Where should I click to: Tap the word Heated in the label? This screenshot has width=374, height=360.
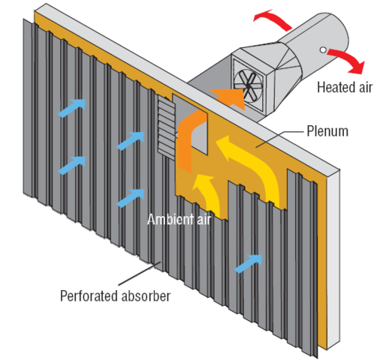pos(333,87)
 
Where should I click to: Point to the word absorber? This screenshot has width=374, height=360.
pos(146,294)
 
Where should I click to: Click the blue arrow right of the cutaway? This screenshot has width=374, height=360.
pos(250,262)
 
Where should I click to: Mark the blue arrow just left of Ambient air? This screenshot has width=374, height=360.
pos(130,199)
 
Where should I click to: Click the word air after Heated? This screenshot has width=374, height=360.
pos(362,87)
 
